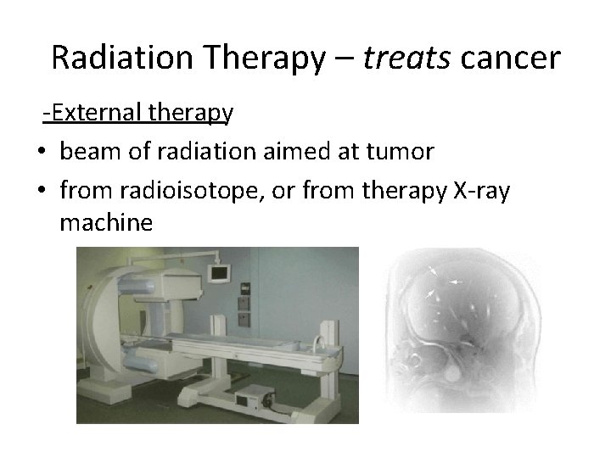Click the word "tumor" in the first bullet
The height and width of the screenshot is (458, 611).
click(401, 152)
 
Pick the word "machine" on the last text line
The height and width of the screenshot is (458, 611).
click(107, 223)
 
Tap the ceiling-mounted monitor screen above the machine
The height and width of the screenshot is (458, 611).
click(221, 273)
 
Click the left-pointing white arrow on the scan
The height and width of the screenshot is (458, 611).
click(456, 280)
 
